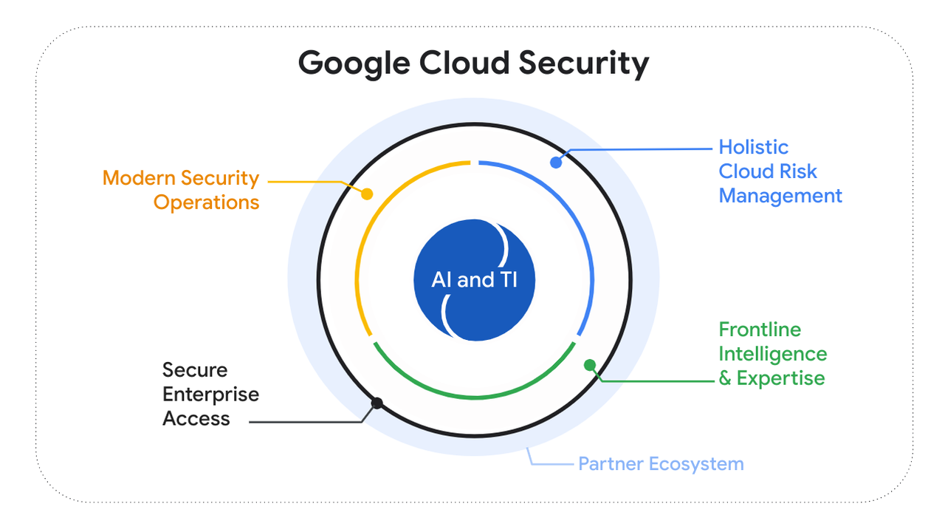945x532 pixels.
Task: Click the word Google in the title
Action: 354,63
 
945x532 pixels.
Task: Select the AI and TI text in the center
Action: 473,281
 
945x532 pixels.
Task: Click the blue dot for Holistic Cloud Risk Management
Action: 556,162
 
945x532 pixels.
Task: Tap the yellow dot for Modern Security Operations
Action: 367,194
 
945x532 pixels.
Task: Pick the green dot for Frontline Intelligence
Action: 589,364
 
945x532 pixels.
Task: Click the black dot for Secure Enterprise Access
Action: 377,403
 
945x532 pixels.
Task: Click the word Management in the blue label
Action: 780,196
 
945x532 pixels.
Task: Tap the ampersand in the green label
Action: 725,378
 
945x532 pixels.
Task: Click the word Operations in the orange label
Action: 206,202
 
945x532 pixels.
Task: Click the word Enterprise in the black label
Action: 210,394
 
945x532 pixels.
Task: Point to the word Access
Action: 196,418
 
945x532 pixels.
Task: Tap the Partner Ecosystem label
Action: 660,464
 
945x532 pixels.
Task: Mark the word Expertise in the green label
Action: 780,378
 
